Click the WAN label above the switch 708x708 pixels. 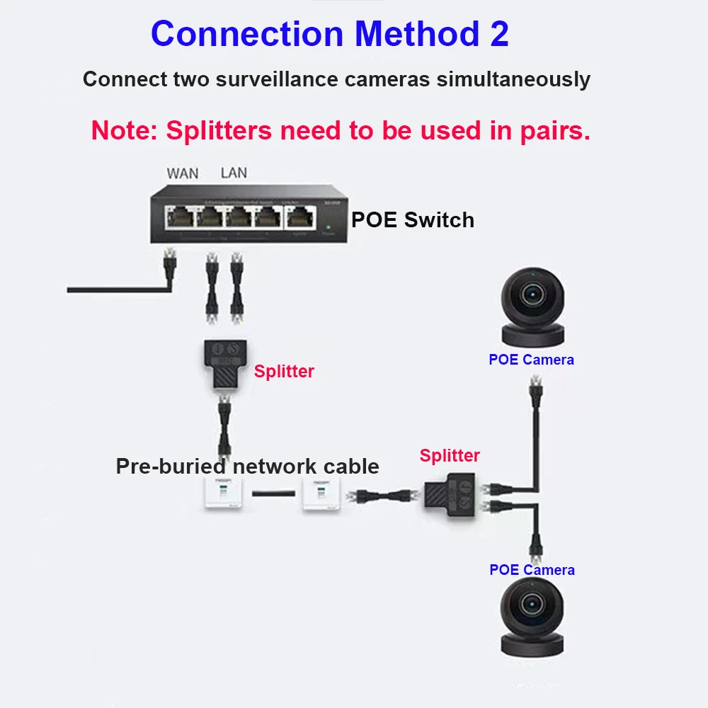tap(183, 173)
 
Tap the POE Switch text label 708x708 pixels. tap(413, 220)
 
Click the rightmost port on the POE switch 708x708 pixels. tap(299, 217)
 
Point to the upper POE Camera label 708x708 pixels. tap(531, 360)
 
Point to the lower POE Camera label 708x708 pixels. tap(532, 570)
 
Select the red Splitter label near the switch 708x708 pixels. tap(284, 371)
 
